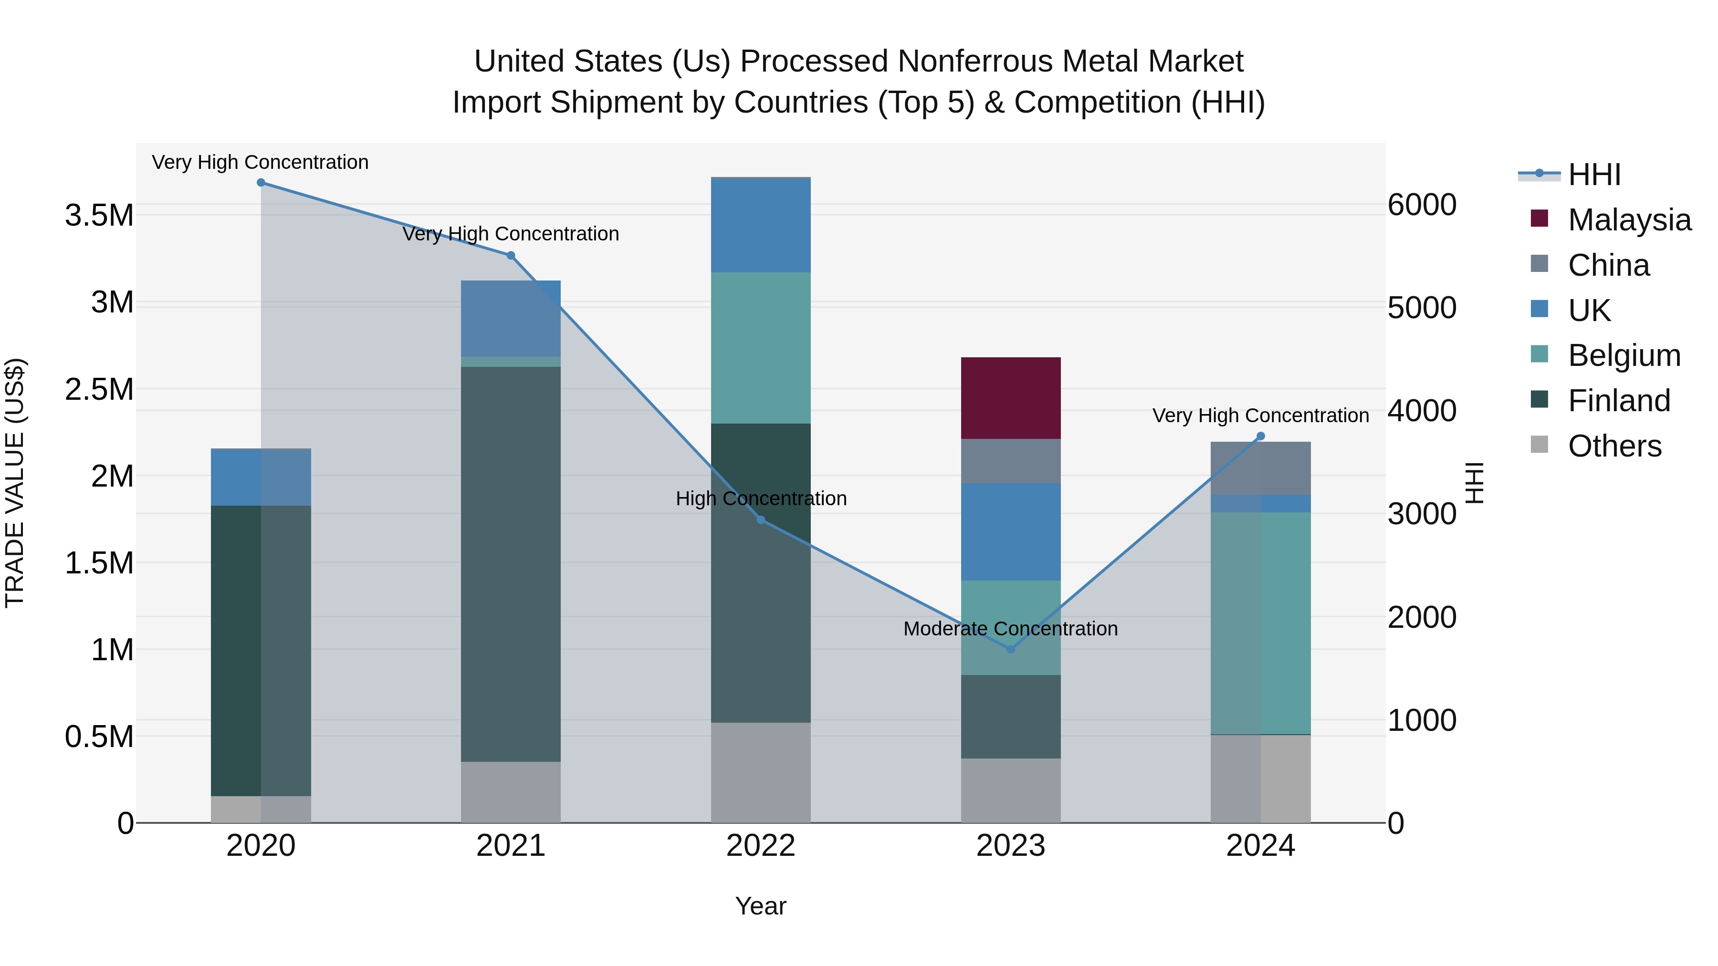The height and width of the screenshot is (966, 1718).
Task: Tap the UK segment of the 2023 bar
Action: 1010,531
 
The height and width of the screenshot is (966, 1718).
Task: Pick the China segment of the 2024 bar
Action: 1260,467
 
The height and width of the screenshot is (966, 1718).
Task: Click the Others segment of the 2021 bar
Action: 510,791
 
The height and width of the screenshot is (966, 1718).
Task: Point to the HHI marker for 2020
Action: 261,183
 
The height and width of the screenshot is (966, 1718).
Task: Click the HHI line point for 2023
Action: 1010,649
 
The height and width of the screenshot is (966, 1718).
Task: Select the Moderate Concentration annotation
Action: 1010,629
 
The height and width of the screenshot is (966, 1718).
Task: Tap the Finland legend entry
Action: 1619,401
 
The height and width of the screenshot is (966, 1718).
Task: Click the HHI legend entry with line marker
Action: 1594,175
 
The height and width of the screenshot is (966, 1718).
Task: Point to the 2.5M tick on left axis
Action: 99,389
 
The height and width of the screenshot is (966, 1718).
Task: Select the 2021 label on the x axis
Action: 510,846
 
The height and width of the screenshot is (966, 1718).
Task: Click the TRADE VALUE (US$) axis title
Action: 15,483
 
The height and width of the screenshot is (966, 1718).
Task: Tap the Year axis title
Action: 760,906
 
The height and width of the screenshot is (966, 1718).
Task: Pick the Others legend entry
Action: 1614,446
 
